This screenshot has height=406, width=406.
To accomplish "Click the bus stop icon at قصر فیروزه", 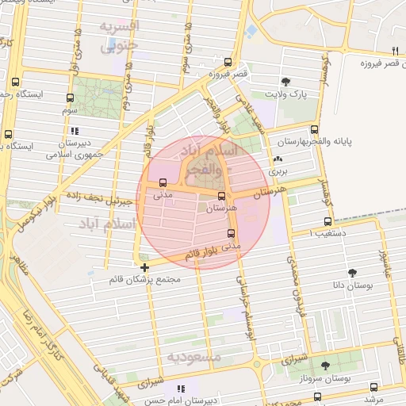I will pyautogui.click(x=228, y=61).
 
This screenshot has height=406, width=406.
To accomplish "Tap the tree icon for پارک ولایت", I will pyautogui.click(x=285, y=81).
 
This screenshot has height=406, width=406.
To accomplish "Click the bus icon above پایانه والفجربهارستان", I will pyautogui.click(x=315, y=129).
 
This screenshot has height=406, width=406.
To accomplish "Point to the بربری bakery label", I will pyautogui.click(x=276, y=170).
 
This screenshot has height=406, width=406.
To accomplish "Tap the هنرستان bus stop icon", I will pyautogui.click(x=221, y=197).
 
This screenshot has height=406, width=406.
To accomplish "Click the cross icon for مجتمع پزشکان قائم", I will pyautogui.click(x=144, y=267).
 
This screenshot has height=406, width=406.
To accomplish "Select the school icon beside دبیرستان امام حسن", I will pyautogui.click(x=182, y=389).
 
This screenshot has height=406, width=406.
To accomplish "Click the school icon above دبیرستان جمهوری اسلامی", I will pyautogui.click(x=74, y=131).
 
